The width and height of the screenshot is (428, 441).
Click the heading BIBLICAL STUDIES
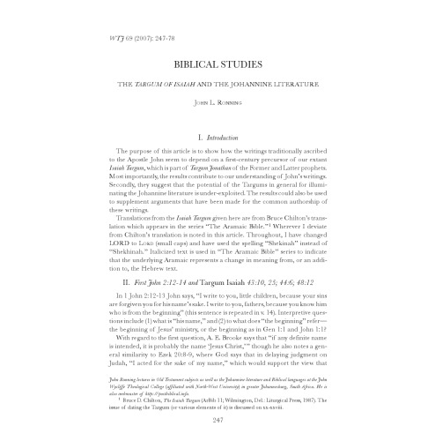(214, 66)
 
